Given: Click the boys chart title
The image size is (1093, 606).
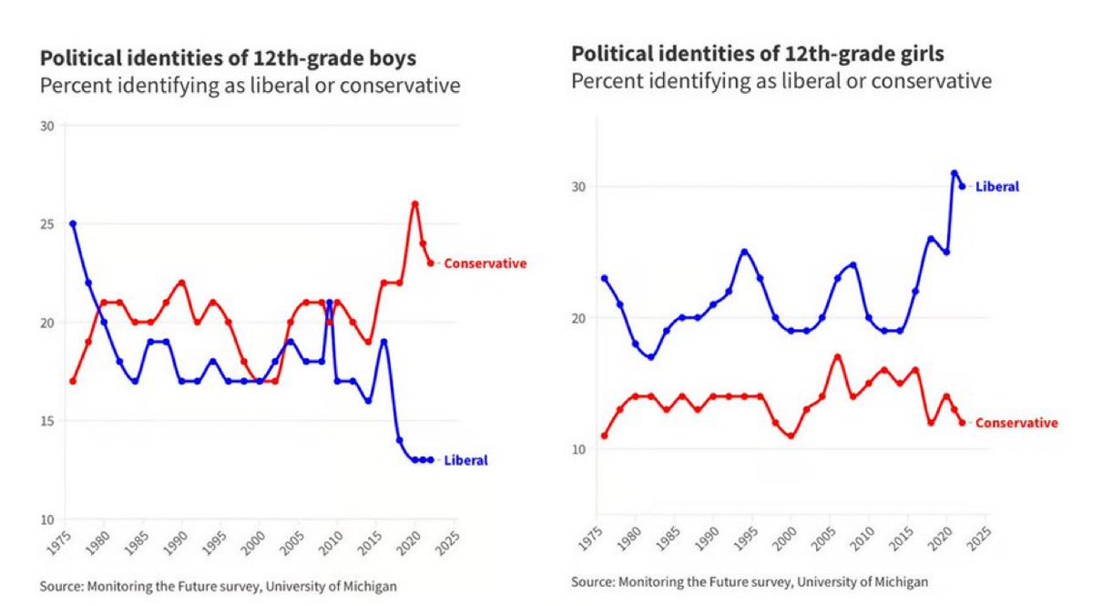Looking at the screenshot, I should (x=228, y=59).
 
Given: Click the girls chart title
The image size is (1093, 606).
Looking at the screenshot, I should (x=758, y=54).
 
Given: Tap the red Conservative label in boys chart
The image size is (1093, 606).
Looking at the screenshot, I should (x=485, y=263).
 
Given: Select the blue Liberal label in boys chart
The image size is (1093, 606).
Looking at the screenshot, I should (x=465, y=460).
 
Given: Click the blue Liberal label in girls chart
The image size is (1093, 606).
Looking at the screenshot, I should (x=996, y=187).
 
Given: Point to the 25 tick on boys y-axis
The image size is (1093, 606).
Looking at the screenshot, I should (x=47, y=224).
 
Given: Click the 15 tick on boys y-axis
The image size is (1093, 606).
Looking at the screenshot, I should (x=47, y=421).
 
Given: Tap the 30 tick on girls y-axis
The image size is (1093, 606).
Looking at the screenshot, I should (x=577, y=187).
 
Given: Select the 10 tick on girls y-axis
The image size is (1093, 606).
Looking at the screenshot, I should (x=577, y=449).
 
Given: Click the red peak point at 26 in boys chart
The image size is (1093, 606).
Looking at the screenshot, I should (x=414, y=204).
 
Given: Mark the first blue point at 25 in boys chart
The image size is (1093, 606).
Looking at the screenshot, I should (x=73, y=223).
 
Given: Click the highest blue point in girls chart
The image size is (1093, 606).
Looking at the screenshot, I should (x=954, y=173).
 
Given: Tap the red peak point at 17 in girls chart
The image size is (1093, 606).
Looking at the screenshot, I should (x=837, y=357).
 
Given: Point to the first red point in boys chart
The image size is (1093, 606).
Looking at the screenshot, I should (x=73, y=381).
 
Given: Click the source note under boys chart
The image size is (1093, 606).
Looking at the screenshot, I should (x=219, y=586).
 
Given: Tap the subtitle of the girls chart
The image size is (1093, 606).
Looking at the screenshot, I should (x=781, y=81).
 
